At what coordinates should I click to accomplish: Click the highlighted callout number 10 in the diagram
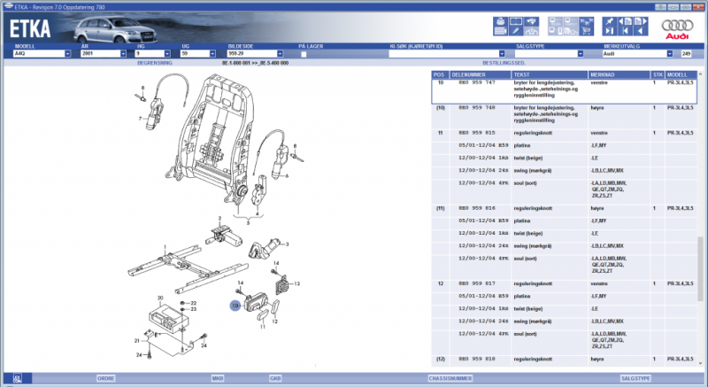point(235,306)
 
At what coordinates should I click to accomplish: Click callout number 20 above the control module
point(160,298)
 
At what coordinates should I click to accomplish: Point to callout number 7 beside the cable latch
point(140,117)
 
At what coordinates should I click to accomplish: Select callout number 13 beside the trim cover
point(297,283)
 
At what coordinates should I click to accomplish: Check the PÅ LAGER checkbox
point(304,54)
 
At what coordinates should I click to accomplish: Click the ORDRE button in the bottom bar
point(105,377)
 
